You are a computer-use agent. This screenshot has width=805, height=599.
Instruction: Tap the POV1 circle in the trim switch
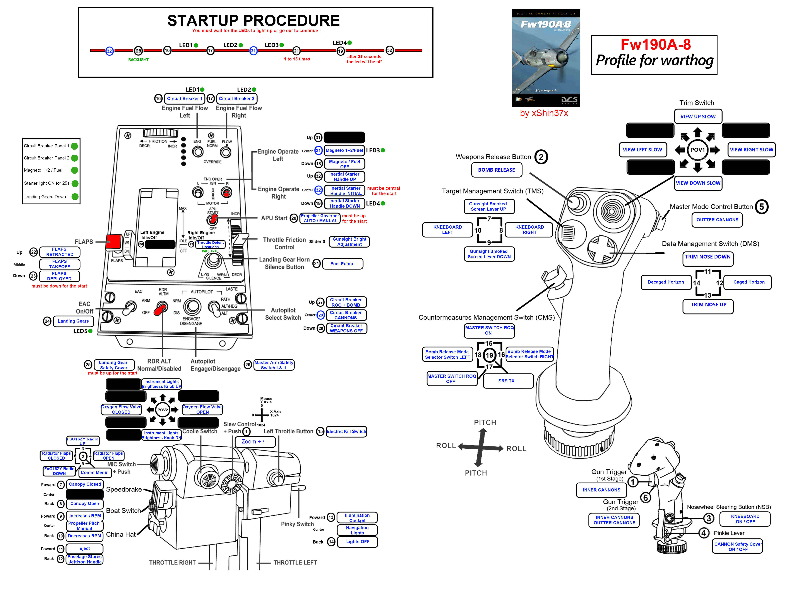pyautogui.click(x=697, y=150)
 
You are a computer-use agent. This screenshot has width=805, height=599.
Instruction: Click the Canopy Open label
pyautogui.click(x=84, y=504)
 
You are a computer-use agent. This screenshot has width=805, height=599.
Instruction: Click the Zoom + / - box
pyautogui.click(x=255, y=442)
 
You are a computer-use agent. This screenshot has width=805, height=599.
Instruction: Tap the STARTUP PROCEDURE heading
pyautogui.click(x=253, y=21)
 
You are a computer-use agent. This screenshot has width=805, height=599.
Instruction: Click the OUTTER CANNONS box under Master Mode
pyautogui.click(x=717, y=220)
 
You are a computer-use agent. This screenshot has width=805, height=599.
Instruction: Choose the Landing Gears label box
pyautogui.click(x=73, y=321)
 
